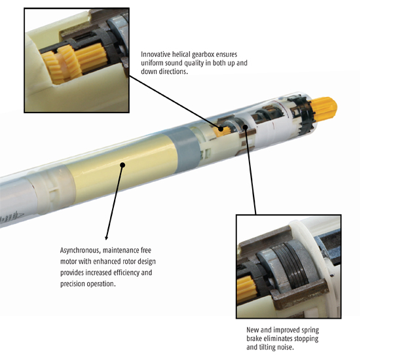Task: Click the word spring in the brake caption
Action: [310, 330]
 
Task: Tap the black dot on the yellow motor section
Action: [122, 165]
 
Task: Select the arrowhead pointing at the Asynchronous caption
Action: [106, 238]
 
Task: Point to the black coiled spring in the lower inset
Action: [291, 265]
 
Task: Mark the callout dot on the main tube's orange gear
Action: [221, 129]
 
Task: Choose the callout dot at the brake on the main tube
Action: [246, 127]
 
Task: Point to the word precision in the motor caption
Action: [73, 284]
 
